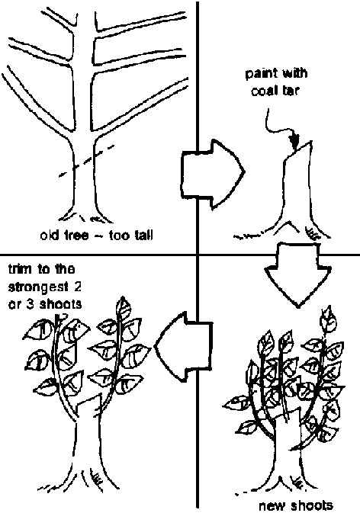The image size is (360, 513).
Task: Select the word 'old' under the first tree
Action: pyautogui.click(x=50, y=235)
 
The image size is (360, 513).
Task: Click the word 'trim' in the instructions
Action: pyautogui.click(x=21, y=269)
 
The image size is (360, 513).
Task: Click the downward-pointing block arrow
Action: pyautogui.click(x=297, y=273)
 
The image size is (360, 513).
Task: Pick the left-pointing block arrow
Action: pyautogui.click(x=183, y=347)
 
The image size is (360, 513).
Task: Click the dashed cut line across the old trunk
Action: pyautogui.click(x=86, y=161)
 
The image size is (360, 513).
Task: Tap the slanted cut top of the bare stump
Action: pyautogui.click(x=297, y=150)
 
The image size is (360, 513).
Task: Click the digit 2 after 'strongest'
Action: pyautogui.click(x=77, y=287)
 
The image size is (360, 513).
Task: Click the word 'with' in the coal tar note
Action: pyautogui.click(x=294, y=72)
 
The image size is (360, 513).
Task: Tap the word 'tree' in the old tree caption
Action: pyautogui.click(x=76, y=235)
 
